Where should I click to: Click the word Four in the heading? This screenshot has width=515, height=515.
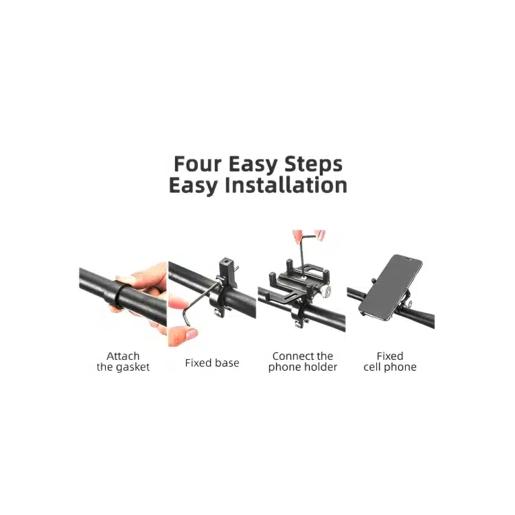(198, 164)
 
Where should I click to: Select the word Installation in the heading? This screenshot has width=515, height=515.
(286, 185)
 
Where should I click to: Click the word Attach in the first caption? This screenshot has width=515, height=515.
(123, 356)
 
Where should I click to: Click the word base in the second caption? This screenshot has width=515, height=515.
(227, 363)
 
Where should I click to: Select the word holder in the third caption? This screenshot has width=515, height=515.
(321, 367)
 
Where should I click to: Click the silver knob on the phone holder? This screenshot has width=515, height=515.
(325, 290)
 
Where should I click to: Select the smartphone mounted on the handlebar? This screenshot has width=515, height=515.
(391, 288)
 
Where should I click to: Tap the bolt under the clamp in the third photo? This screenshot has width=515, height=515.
(298, 325)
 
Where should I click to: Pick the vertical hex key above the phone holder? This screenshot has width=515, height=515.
(302, 255)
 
